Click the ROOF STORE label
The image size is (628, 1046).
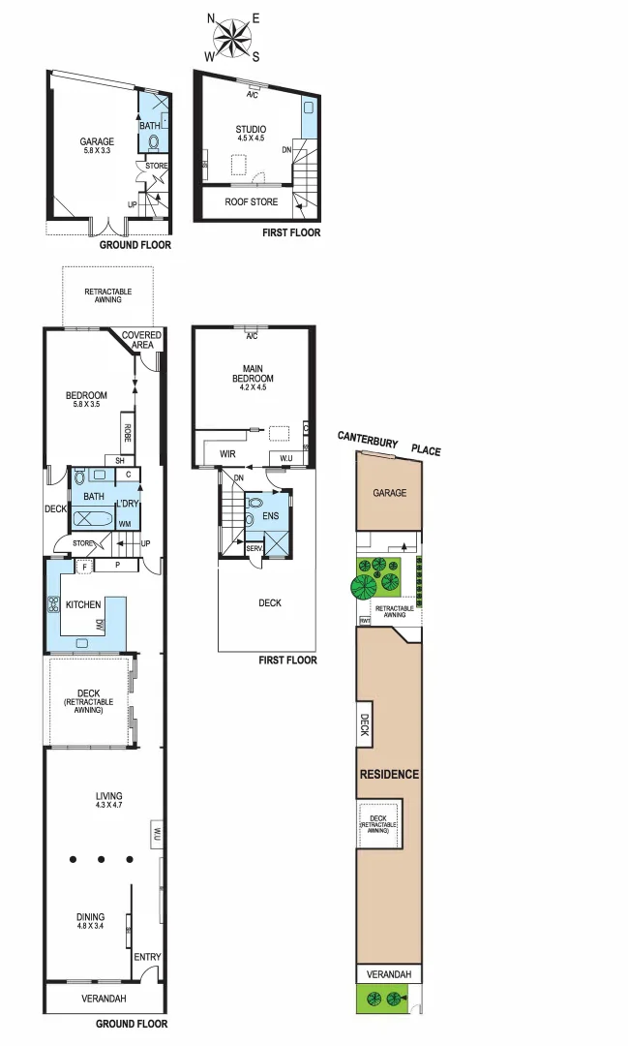(x=251, y=202)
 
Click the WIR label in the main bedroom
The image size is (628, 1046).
(x=229, y=453)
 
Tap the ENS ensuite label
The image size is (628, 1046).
(x=271, y=516)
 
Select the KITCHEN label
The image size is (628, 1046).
(x=83, y=605)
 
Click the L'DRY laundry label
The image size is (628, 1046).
(x=128, y=505)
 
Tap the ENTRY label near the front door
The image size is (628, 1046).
(x=147, y=957)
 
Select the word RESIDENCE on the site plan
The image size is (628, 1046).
(x=389, y=774)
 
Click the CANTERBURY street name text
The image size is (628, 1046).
(x=367, y=439)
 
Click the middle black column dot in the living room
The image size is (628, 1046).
(x=101, y=859)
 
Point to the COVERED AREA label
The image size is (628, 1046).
(x=141, y=340)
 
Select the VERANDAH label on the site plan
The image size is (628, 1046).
(x=389, y=974)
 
